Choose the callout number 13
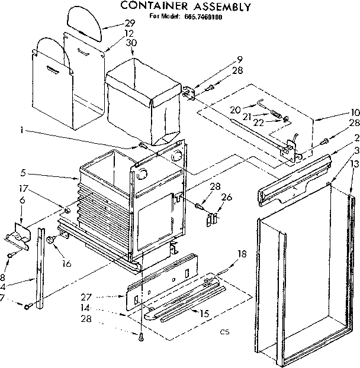pos(354,163)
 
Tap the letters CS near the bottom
pos(224,332)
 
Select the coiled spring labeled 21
pos(277,112)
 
